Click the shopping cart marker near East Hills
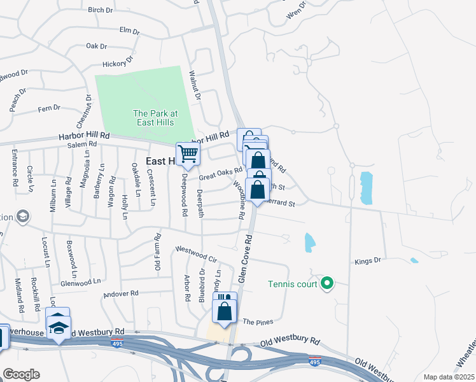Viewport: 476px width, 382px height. point(188,153)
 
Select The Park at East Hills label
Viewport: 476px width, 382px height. point(155,118)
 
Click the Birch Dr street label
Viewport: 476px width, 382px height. point(100,10)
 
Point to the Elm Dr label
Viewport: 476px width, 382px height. point(129,30)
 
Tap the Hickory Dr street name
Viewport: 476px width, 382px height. point(117,63)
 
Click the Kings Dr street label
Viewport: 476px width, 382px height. point(367,260)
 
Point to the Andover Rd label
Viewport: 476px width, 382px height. point(121,294)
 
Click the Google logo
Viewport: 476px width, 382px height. point(20,374)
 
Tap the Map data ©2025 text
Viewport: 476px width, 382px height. point(449,377)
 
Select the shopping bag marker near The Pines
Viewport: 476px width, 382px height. point(225,311)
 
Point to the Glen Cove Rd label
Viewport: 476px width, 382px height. point(245,259)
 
